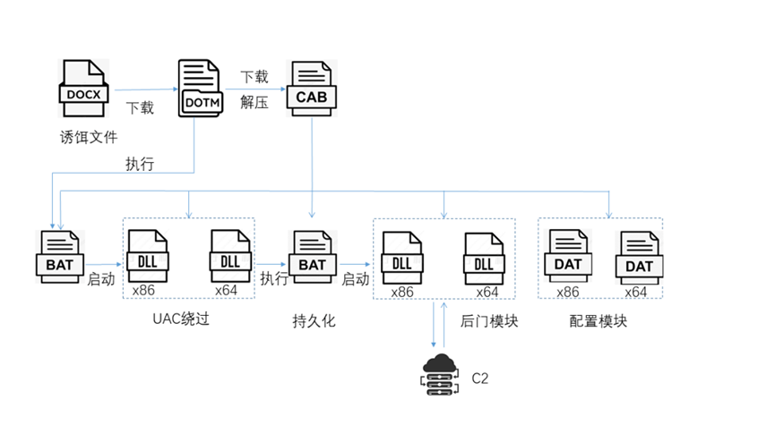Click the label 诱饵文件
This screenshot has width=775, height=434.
(x=87, y=137)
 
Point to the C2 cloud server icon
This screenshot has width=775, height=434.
(x=438, y=373)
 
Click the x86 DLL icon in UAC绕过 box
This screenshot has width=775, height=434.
(x=148, y=257)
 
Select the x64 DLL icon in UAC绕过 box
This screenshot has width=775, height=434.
(x=230, y=257)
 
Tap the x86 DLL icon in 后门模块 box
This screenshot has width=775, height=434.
(x=401, y=258)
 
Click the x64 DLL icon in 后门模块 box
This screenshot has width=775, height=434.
(x=484, y=258)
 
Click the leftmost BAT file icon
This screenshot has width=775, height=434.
(x=60, y=257)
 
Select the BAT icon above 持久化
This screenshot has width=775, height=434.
(x=312, y=257)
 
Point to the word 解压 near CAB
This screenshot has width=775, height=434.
(x=254, y=102)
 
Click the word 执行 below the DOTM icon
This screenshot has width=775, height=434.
(x=140, y=164)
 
